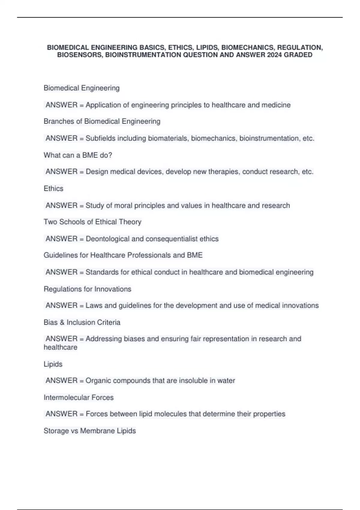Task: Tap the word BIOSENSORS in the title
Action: [x=80, y=55]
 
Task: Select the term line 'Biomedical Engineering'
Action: [x=82, y=88]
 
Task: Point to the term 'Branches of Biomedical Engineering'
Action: [x=102, y=121]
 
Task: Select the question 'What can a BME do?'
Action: [x=78, y=155]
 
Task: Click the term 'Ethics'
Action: [x=53, y=188]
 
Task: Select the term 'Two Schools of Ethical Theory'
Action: [x=92, y=222]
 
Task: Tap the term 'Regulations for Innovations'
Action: [x=87, y=289]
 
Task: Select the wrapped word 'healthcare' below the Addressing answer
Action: [x=60, y=347]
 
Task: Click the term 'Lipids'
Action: [x=53, y=364]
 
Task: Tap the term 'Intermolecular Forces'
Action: [x=79, y=397]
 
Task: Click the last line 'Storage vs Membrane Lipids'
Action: [x=90, y=431]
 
